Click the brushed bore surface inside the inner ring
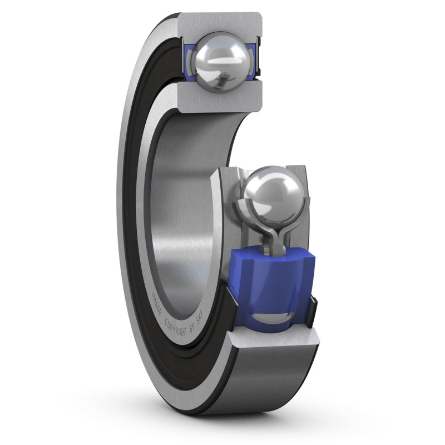click(184, 195)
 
